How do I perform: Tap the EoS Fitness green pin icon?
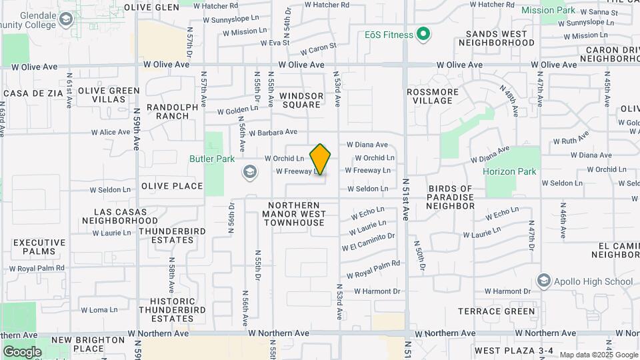(x=423, y=34)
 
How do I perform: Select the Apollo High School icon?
(x=543, y=280)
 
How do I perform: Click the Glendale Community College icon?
(x=65, y=19)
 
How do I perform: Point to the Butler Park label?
(x=212, y=159)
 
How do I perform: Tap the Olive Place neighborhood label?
(x=172, y=186)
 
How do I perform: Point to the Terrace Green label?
(x=497, y=311)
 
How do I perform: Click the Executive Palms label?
(x=39, y=247)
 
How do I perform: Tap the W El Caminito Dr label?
(x=368, y=241)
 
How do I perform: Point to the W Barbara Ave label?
(x=273, y=133)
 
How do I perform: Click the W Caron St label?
(x=318, y=49)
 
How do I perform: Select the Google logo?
(x=22, y=351)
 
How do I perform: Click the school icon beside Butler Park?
(x=249, y=172)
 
